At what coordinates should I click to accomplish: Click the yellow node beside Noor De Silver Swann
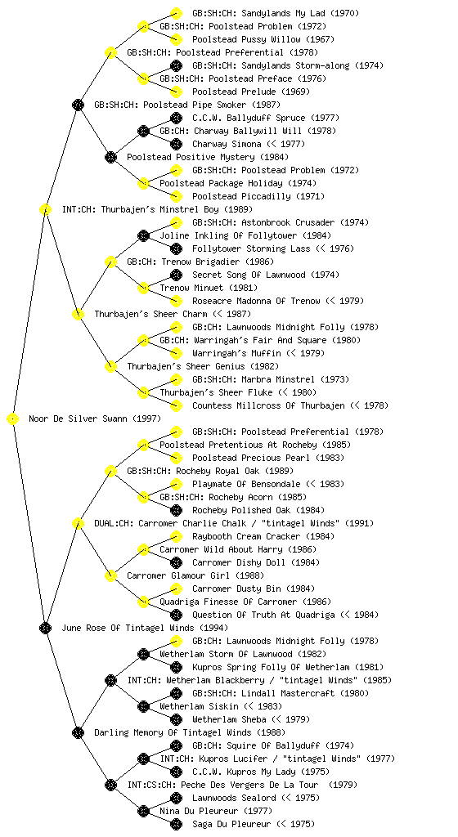[x=13, y=419]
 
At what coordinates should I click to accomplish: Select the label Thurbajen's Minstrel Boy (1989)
[x=158, y=210]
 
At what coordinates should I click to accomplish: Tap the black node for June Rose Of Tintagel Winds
[x=45, y=629]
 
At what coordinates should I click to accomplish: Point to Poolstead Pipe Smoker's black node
[x=78, y=105]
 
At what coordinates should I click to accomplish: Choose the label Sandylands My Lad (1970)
[x=276, y=13]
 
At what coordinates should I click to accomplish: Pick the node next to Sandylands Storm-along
[x=176, y=65]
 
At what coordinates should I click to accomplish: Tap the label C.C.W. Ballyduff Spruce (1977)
[x=266, y=118]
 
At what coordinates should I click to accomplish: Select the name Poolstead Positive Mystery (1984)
[x=208, y=158]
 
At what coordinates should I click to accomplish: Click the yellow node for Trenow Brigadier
[x=110, y=262]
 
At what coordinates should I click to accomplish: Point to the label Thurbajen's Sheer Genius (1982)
[x=203, y=367]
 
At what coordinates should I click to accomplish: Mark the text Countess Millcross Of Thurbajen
[x=268, y=406]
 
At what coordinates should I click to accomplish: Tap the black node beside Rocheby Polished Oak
[x=176, y=510]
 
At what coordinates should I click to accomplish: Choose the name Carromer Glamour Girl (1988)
[x=195, y=576]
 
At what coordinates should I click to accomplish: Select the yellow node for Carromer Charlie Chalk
[x=78, y=524]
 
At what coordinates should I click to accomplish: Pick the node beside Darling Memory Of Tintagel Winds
[x=78, y=733]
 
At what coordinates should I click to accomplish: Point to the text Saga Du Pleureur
[x=231, y=825]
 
